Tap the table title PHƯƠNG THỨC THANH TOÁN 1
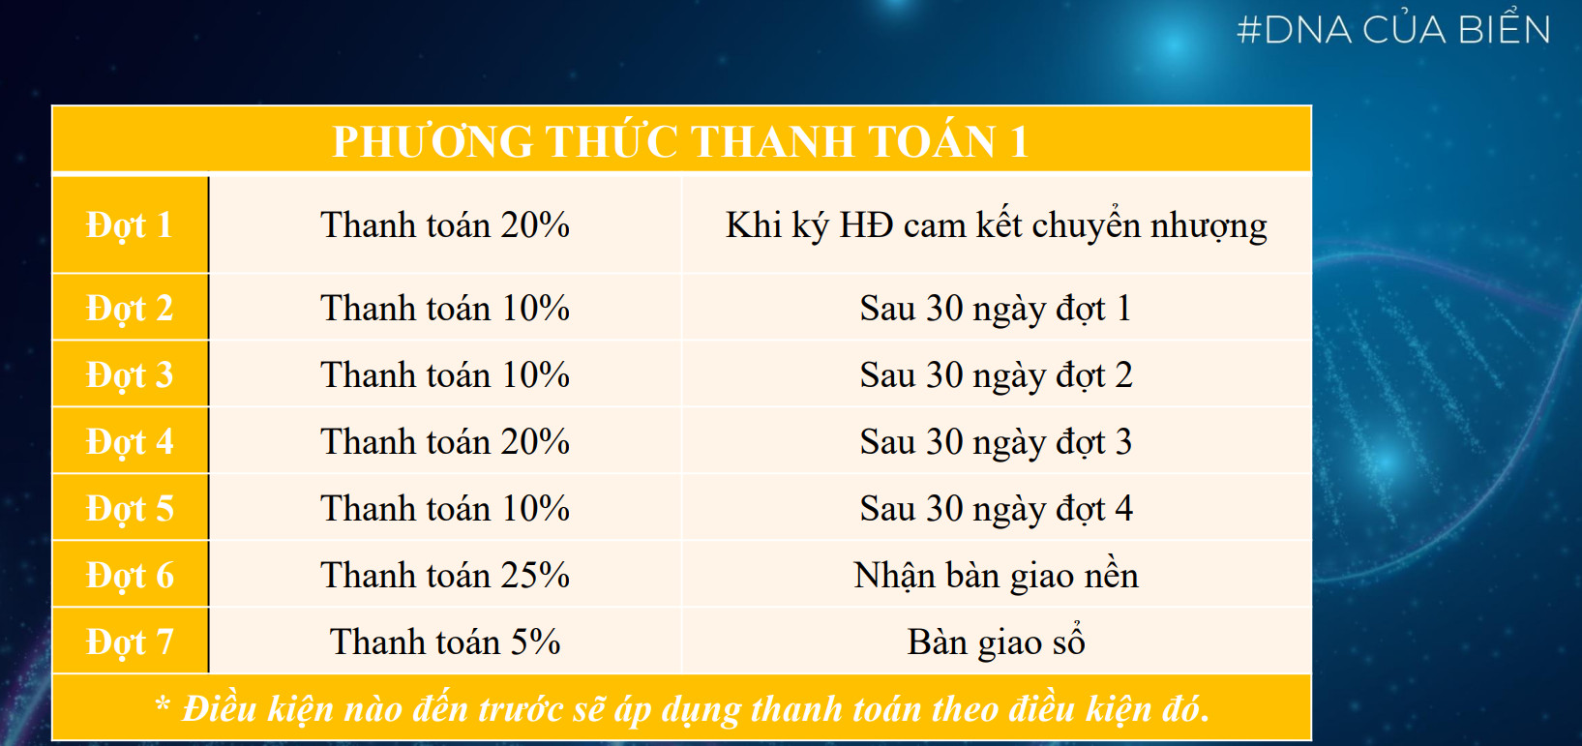point(681,140)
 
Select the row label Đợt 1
point(130,226)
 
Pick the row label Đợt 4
point(130,442)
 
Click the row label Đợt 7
point(130,642)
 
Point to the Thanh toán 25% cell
point(445,575)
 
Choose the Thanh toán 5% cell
point(445,642)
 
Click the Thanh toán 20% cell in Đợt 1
point(445,225)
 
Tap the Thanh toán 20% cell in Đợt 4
point(445,442)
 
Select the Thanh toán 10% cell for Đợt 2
point(445,309)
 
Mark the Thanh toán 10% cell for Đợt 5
point(445,509)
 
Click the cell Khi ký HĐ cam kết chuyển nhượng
point(997,226)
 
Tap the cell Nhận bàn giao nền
point(996,575)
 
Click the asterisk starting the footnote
point(163,703)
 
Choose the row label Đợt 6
point(130,576)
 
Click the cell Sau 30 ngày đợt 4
point(996,509)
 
